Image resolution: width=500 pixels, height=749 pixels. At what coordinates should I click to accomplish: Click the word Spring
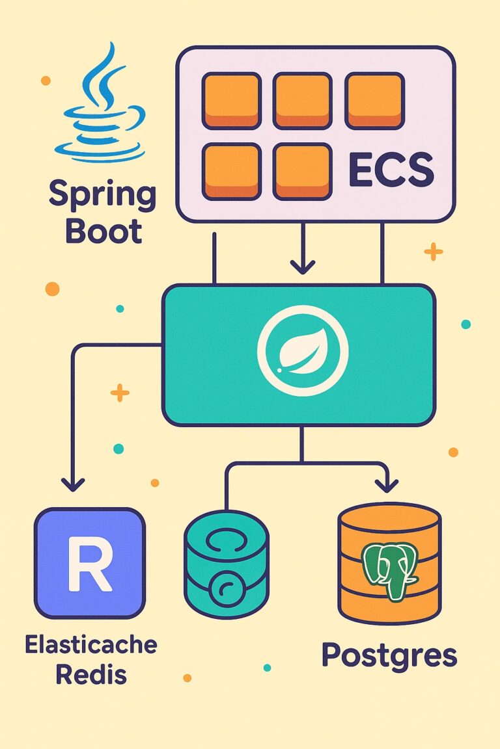point(102,196)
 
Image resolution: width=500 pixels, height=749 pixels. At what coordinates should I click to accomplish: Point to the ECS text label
point(391,170)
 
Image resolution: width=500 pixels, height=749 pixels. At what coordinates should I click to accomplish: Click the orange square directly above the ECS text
point(374,100)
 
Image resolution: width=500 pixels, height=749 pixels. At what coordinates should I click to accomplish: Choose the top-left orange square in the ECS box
point(231,100)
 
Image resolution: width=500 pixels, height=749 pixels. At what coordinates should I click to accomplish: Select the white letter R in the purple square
point(90,563)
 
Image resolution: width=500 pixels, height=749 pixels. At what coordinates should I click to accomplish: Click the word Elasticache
point(90,646)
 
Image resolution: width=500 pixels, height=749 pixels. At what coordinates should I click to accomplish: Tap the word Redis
point(90,674)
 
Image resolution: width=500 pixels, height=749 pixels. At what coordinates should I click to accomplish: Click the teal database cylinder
point(226,563)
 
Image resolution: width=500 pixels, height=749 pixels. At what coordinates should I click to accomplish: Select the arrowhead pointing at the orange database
point(387,484)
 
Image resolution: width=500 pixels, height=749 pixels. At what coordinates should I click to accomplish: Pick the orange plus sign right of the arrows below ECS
point(433,252)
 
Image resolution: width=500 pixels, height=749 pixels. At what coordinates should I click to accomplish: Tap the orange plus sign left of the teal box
point(120,392)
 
